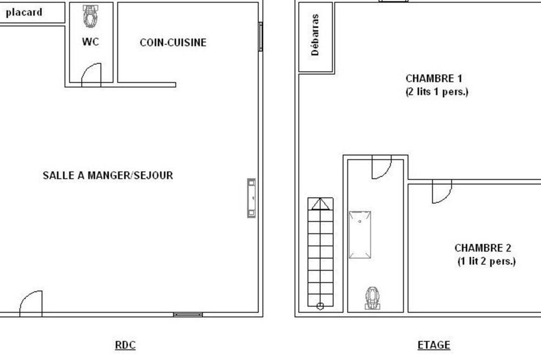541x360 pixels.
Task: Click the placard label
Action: pos(24,12)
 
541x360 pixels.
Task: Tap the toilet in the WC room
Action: pos(90,16)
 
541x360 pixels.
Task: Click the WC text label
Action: pos(90,42)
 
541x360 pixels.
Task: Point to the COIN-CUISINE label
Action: pos(173,42)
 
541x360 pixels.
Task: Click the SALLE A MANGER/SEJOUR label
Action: pos(108,175)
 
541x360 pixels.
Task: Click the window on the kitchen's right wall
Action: pos(261,37)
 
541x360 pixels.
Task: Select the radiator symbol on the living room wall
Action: pos(252,198)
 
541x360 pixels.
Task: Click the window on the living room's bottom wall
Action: pos(188,315)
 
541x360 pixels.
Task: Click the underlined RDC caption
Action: pos(126,345)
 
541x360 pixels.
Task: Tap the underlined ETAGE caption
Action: pos(434,345)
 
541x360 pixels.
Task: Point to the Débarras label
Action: pos(315,35)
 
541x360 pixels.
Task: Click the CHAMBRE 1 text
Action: pos(434,78)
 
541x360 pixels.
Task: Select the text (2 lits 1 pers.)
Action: pos(437,92)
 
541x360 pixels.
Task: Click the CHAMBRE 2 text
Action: pos(483,248)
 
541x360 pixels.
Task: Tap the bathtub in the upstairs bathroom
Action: pos(360,235)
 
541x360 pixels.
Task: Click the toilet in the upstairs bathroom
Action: pos(372,298)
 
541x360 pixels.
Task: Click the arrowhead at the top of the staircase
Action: pos(320,204)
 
